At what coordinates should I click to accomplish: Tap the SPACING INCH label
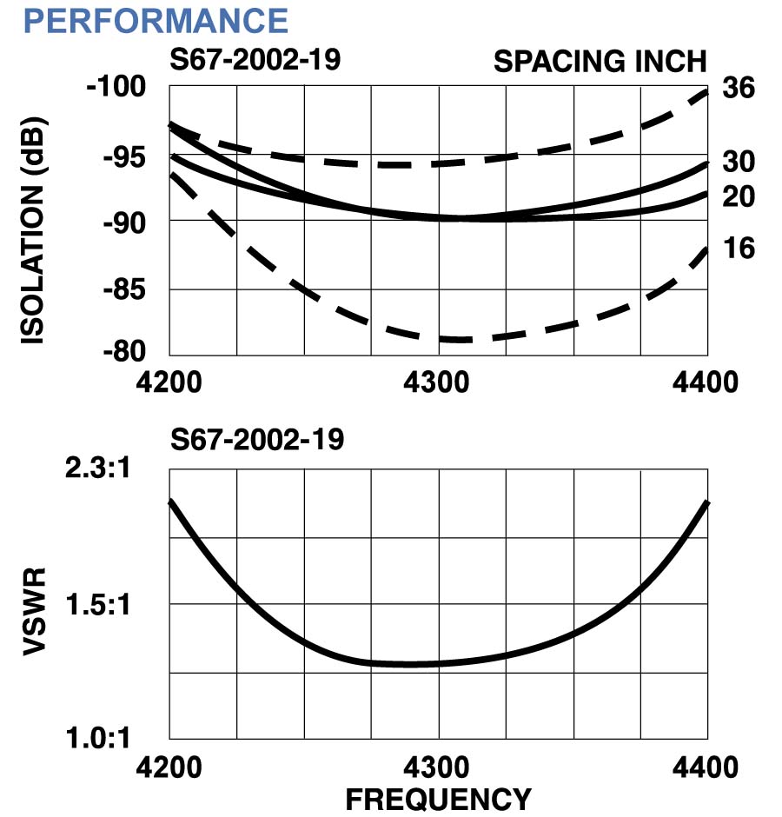(x=600, y=62)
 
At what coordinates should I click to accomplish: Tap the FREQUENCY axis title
(x=438, y=798)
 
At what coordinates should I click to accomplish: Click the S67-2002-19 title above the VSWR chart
(x=257, y=440)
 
